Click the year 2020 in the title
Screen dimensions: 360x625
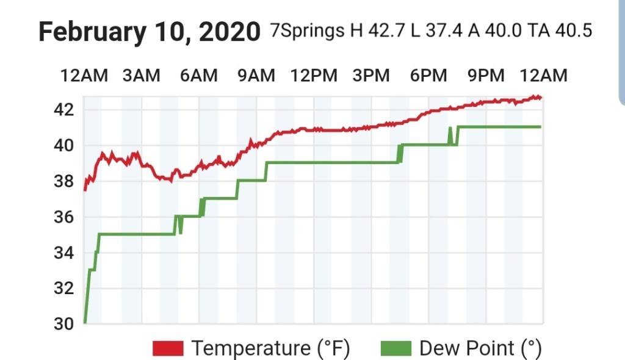click(x=230, y=32)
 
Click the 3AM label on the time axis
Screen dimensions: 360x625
click(x=141, y=76)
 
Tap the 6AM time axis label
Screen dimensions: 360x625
click(x=198, y=76)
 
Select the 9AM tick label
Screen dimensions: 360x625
click(x=256, y=76)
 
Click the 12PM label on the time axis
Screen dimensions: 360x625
click(x=314, y=76)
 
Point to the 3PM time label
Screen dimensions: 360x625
click(x=371, y=76)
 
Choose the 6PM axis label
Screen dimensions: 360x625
click(x=428, y=76)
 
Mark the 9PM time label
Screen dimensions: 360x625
click(x=486, y=76)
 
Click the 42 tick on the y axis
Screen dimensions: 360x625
click(x=63, y=110)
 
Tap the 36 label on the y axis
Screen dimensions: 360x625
click(x=63, y=217)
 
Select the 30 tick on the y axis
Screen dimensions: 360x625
click(x=63, y=324)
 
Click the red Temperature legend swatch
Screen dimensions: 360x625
click(x=168, y=348)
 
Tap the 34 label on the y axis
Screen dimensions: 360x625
click(x=63, y=253)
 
